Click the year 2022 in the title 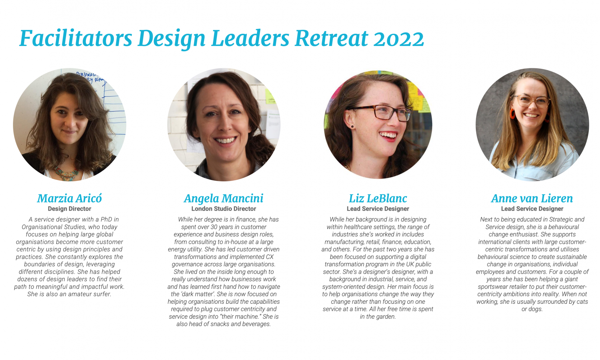coord(398,39)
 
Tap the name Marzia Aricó coord(69,198)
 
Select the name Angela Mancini coord(224,198)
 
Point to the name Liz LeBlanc coord(378,198)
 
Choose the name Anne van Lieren coord(532,198)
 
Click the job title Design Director coord(70,209)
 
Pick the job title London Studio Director coord(224,209)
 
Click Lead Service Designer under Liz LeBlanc coord(378,209)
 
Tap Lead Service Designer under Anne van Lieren coord(532,209)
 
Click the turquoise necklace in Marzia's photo coord(67,174)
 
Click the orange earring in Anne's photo coord(512,114)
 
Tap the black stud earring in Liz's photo coord(352,127)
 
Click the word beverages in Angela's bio coord(255,324)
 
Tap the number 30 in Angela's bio coord(214,227)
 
